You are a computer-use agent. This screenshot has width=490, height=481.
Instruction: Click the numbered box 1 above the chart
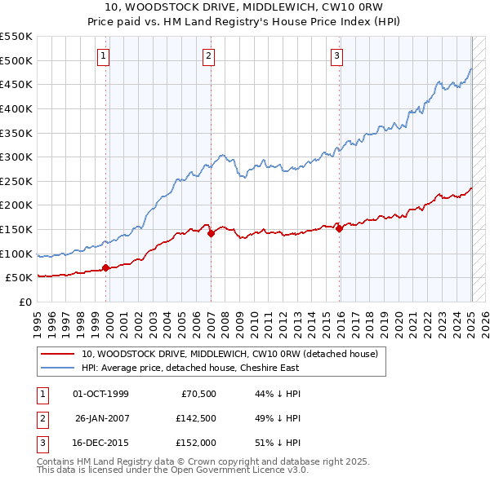point(105,55)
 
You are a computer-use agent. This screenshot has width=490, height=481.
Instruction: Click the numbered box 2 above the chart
point(209,55)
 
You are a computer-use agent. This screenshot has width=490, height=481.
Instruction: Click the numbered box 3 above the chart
point(336,55)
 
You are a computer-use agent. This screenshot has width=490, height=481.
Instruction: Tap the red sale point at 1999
point(107,267)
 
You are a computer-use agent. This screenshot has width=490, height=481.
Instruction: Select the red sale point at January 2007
point(211,233)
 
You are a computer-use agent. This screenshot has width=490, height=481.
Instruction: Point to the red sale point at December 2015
point(339,228)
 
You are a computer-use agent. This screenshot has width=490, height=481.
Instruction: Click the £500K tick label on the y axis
point(16,60)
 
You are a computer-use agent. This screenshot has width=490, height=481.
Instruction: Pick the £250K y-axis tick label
point(16,181)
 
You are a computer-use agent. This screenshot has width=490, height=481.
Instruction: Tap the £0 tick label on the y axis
point(26,302)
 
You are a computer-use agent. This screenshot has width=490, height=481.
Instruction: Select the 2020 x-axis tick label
point(400,321)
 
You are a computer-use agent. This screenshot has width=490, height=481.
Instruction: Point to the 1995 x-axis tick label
point(38,321)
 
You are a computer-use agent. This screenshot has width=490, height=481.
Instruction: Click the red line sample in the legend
point(58,355)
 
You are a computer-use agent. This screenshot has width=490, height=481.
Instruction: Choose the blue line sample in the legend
point(58,368)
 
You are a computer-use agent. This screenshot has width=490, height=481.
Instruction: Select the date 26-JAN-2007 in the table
point(102,418)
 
